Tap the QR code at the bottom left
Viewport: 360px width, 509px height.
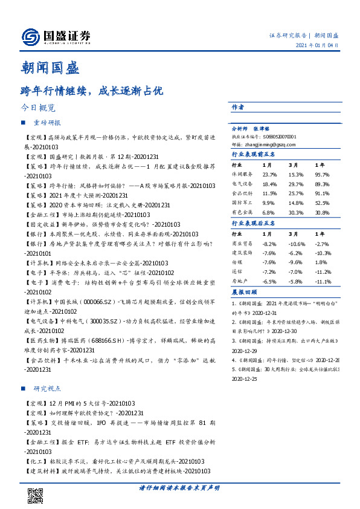click(36, 495)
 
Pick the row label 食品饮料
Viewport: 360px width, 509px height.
click(242, 193)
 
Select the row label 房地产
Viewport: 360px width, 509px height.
click(240, 282)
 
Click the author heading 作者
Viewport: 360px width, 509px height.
click(238, 107)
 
